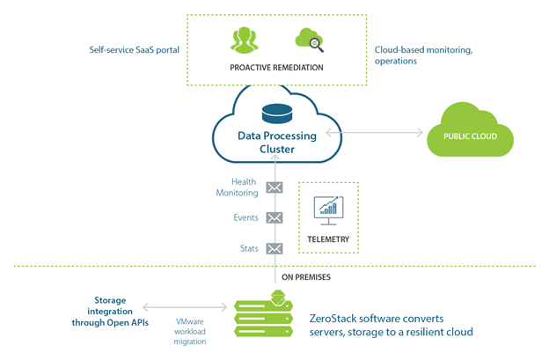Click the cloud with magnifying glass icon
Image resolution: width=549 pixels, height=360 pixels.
pyautogui.click(x=310, y=40)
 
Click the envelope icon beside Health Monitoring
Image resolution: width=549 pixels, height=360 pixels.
pyautogui.click(x=274, y=187)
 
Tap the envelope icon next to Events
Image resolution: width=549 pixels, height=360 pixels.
pyautogui.click(x=274, y=217)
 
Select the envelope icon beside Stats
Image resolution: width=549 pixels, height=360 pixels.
pyautogui.click(x=274, y=248)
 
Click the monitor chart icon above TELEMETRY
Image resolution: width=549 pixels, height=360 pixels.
pyautogui.click(x=329, y=208)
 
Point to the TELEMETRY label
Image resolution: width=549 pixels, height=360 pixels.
pyautogui.click(x=329, y=239)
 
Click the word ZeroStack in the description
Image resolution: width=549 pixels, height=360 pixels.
pyautogui.click(x=336, y=318)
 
